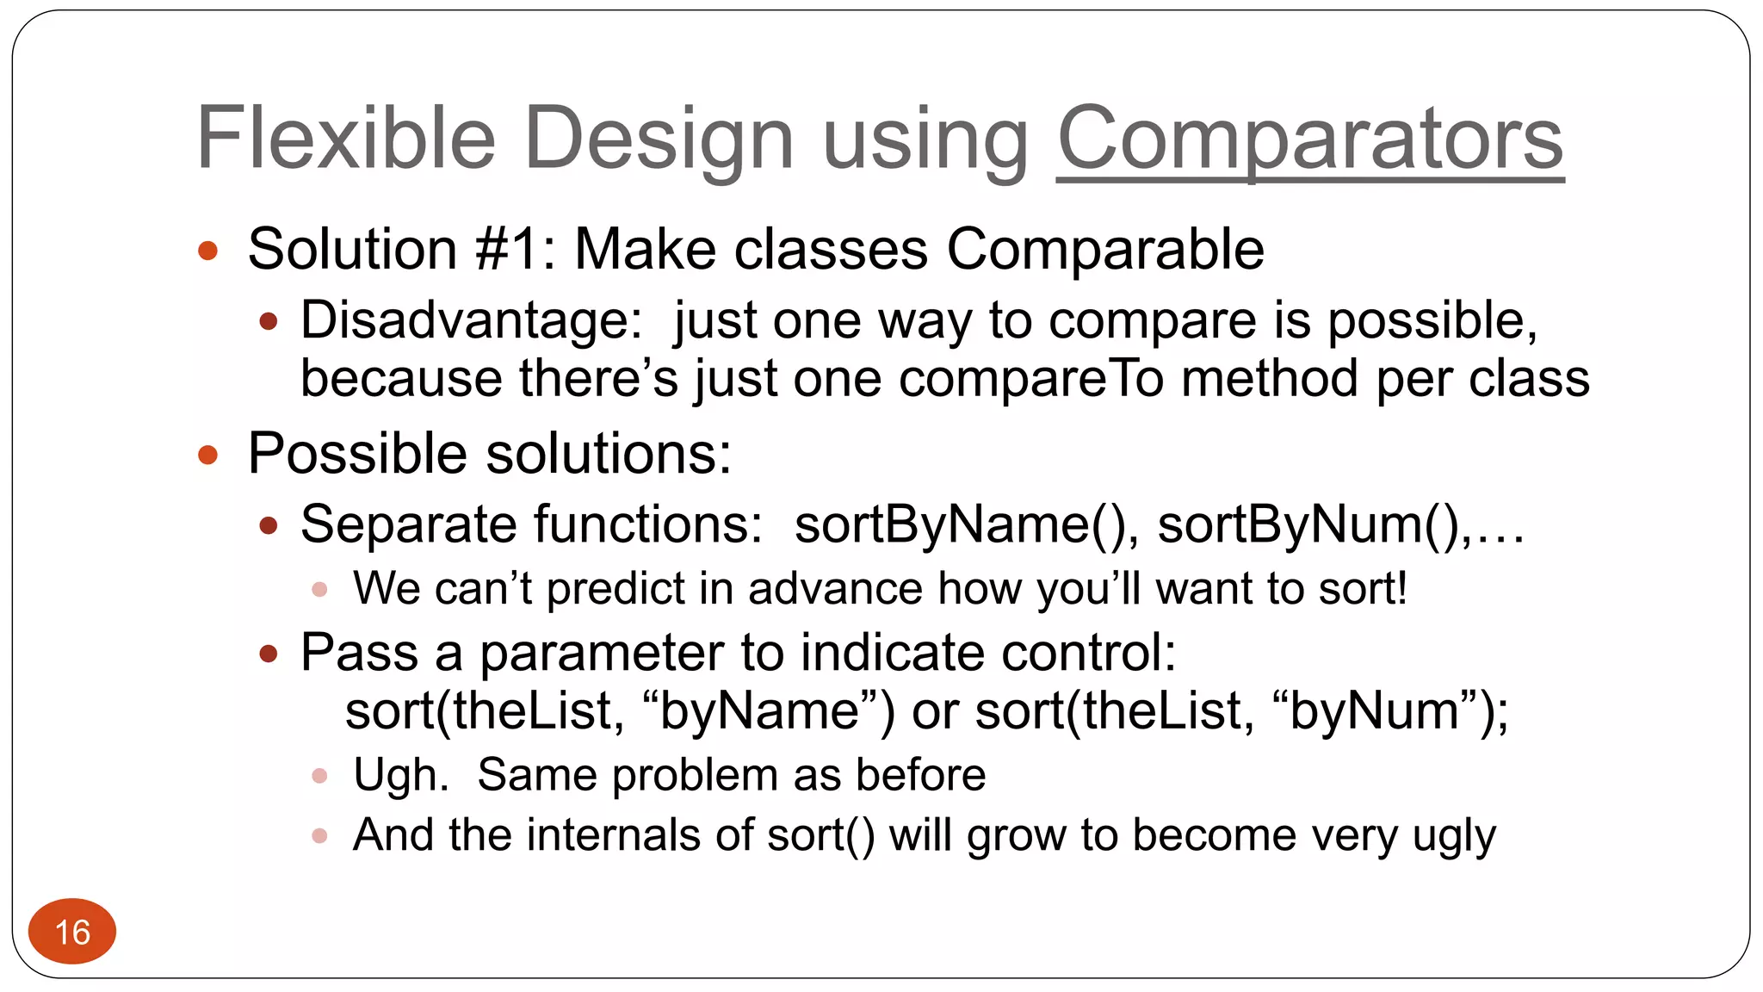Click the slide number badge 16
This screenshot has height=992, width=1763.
(x=72, y=932)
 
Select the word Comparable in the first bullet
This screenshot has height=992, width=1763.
(x=1105, y=250)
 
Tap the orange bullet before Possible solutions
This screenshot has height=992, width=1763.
(x=207, y=455)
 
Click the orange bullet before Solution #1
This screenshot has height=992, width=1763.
(x=207, y=251)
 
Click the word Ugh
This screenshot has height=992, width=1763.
(x=400, y=774)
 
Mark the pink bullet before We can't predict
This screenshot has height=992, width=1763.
(x=319, y=590)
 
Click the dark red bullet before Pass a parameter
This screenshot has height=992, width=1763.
(x=269, y=654)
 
